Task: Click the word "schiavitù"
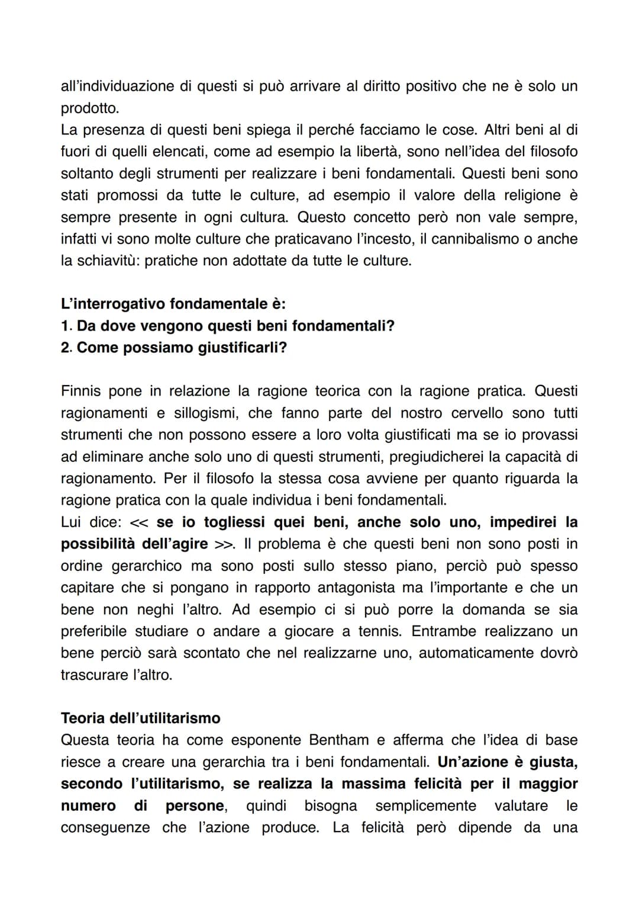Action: point(108,261)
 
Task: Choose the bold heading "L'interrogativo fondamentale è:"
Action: point(173,304)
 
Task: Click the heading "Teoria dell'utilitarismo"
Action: point(140,718)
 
